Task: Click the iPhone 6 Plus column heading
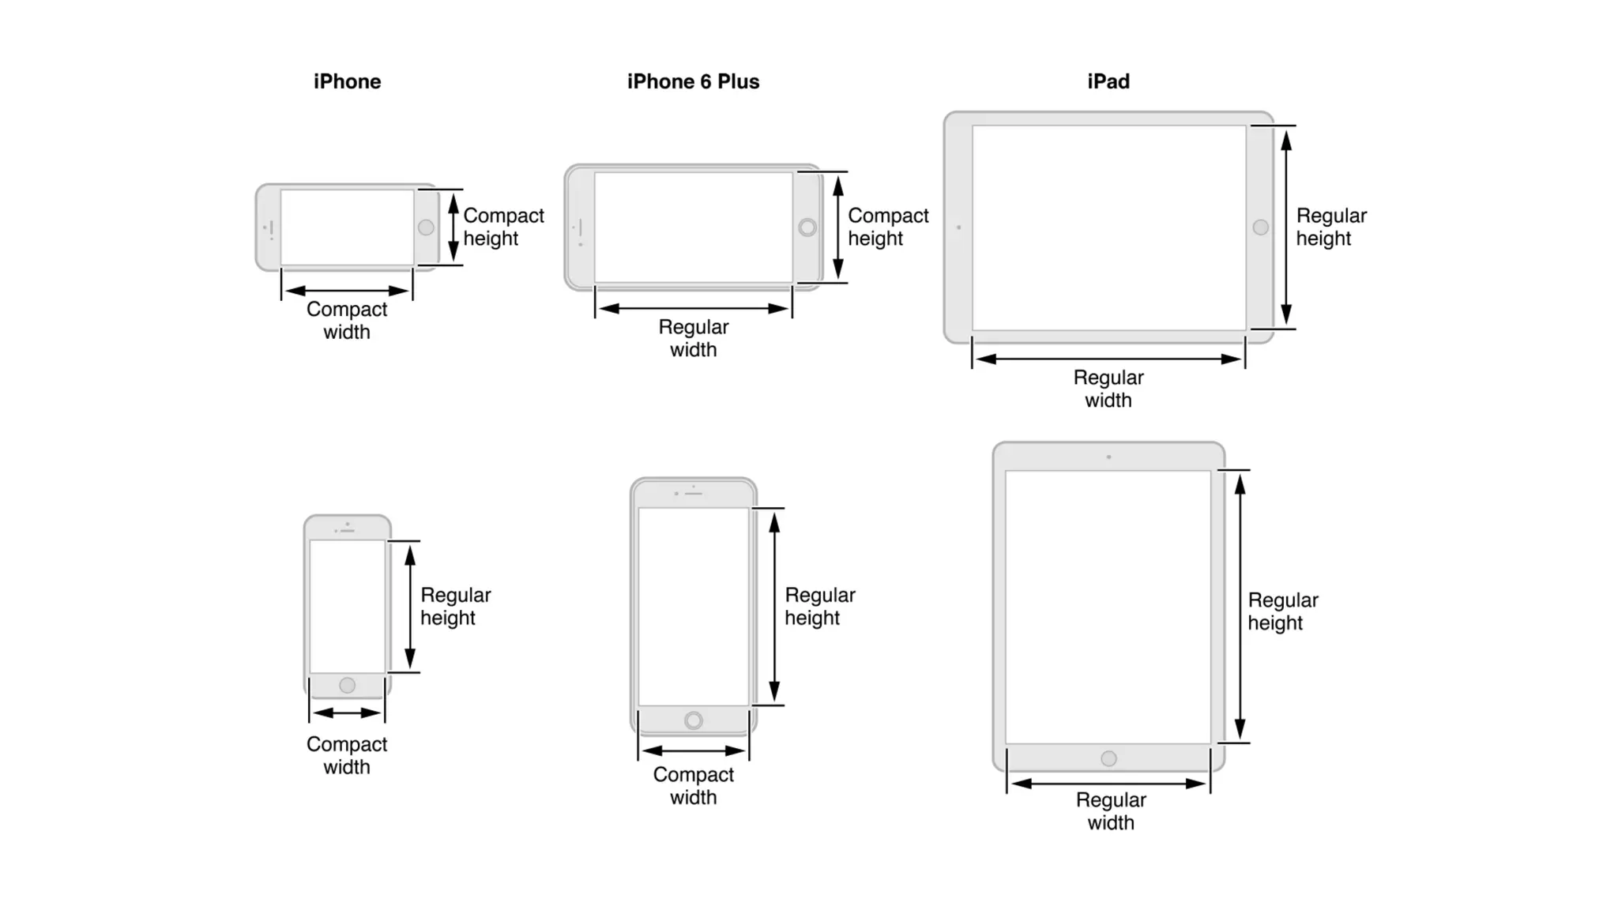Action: coord(693,81)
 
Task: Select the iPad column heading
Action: coord(1108,81)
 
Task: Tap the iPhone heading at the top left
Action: coord(347,81)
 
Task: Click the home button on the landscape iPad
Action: coord(1260,227)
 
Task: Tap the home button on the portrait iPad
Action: coord(1108,758)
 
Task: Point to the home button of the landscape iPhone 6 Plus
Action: coord(807,227)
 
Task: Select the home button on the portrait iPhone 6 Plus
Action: coord(693,720)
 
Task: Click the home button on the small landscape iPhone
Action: coord(426,227)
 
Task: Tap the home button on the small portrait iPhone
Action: coord(347,685)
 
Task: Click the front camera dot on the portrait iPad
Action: coord(1108,457)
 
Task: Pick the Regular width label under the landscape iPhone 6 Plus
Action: coord(693,338)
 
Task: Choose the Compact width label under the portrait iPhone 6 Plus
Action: coord(693,785)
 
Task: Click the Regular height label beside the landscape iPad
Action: coord(1330,227)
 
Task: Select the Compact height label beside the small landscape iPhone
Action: coord(503,227)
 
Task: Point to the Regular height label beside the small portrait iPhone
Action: coord(455,606)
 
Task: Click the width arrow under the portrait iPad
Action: coord(1108,784)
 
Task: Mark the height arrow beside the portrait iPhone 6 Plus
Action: coord(774,606)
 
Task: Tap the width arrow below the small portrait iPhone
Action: coord(347,713)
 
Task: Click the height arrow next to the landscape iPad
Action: coord(1286,227)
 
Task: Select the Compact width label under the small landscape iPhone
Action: coord(347,320)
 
